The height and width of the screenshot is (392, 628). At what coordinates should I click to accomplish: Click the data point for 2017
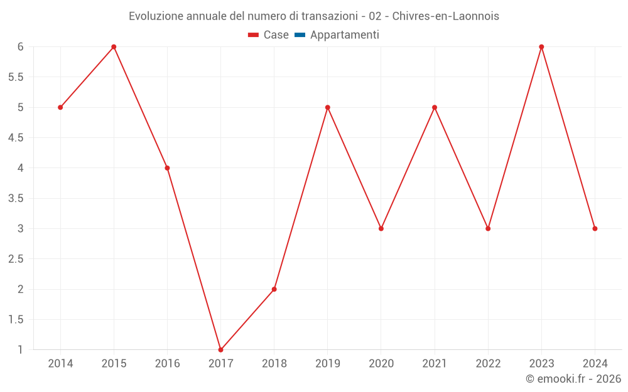click(x=220, y=349)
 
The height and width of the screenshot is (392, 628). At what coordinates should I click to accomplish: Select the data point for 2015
click(x=114, y=47)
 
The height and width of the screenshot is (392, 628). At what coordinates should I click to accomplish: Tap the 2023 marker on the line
click(x=541, y=47)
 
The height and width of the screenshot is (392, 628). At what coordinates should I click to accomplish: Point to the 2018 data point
click(x=274, y=289)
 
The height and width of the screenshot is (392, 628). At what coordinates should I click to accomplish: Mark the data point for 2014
click(x=60, y=107)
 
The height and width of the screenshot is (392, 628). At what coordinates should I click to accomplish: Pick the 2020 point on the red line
click(x=381, y=228)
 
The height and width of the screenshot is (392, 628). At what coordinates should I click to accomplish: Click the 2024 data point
click(x=595, y=228)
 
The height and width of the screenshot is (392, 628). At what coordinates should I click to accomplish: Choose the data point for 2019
click(x=328, y=107)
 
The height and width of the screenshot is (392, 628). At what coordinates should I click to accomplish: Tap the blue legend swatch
click(x=300, y=35)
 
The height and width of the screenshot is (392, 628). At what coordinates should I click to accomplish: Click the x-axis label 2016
click(x=167, y=364)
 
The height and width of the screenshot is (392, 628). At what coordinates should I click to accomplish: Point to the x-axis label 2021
click(x=435, y=364)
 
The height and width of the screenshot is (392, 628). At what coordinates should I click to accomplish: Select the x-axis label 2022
click(x=488, y=364)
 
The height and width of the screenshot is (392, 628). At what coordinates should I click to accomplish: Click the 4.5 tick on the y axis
click(x=16, y=138)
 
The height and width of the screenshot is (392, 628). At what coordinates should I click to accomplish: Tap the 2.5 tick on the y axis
click(x=16, y=259)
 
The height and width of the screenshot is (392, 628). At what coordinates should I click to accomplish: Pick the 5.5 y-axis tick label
click(x=16, y=77)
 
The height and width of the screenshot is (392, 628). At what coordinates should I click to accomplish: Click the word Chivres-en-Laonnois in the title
click(x=445, y=16)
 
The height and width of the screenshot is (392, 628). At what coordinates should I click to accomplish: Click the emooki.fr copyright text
click(x=573, y=379)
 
